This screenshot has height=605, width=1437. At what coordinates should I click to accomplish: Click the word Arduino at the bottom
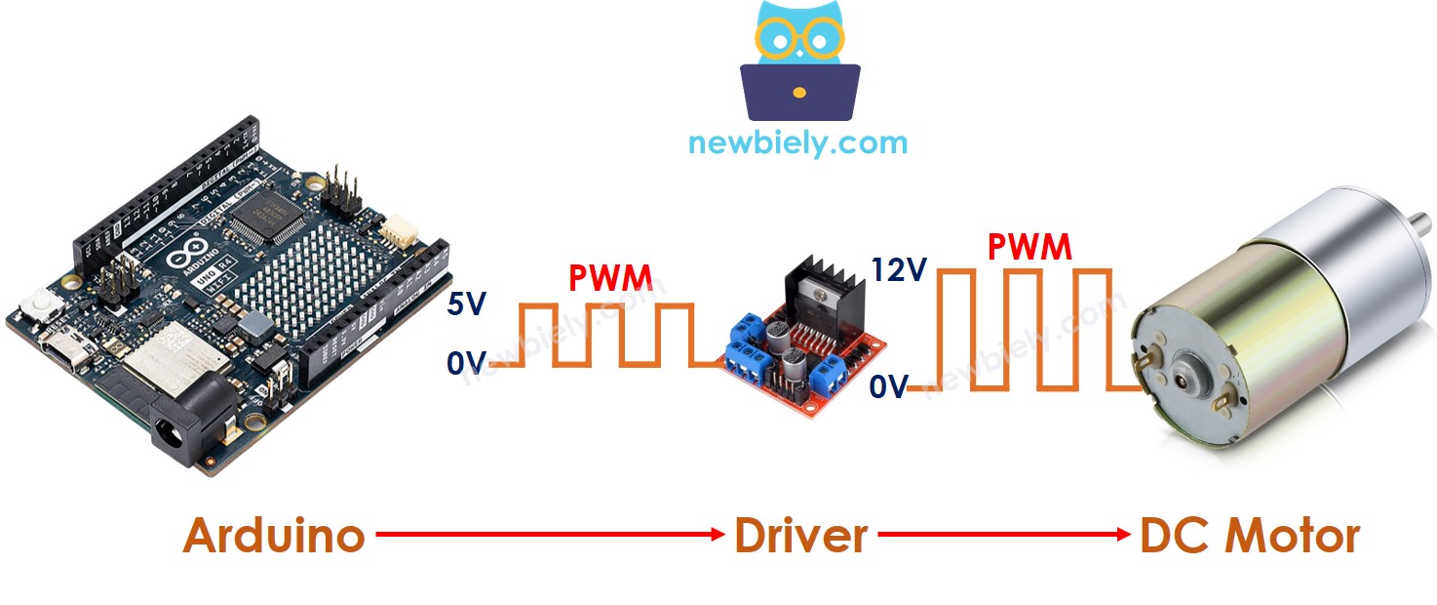tap(274, 536)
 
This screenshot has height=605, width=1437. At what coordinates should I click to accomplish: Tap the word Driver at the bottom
tap(800, 536)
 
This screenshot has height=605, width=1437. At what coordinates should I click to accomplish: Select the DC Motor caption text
tap(1249, 536)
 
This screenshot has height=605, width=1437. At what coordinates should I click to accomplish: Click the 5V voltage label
tap(467, 306)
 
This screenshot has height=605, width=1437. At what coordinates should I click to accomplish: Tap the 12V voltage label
tap(900, 270)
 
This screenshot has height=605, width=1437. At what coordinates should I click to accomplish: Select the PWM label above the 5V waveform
tap(610, 279)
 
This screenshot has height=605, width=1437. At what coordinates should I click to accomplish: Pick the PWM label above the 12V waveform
tap(1029, 248)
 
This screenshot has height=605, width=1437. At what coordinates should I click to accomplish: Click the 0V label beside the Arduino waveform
tap(467, 365)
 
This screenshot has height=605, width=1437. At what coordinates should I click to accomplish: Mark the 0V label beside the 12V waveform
tap(888, 388)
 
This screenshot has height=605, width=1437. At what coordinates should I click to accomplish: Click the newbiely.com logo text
tap(797, 143)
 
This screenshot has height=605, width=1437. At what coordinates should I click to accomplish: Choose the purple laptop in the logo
tap(799, 91)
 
